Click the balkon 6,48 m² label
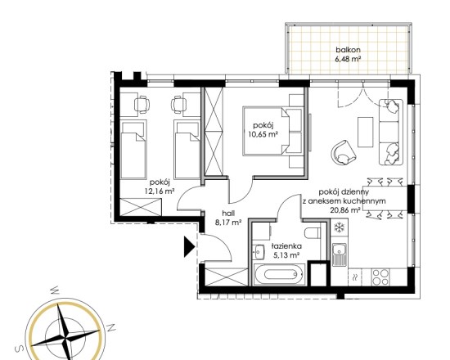pos(348,55)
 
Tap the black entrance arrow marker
pos(190,246)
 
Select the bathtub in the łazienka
pos(281,275)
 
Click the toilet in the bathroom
pos(313,233)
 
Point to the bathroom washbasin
pos(259,252)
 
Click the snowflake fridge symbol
pos(340,227)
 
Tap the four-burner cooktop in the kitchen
pos(380,277)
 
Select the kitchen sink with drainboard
pos(340,254)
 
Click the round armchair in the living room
pos(344,152)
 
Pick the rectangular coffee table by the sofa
pos(366,132)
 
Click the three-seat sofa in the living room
pos(391,132)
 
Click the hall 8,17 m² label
pos(228,218)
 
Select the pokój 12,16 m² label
pos(160,187)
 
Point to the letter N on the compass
pos(111,327)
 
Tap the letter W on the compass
pos(55,290)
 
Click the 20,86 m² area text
pos(345,209)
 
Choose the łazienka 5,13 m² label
pos(286,250)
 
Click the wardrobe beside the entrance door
pos(227,277)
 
